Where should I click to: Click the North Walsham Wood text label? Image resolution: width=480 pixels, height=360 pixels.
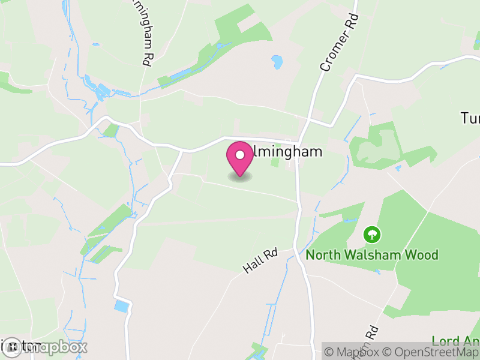coord(372,255)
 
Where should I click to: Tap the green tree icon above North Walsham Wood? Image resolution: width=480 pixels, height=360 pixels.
coord(372,233)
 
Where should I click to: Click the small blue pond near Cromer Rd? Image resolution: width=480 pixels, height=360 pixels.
coord(277,61)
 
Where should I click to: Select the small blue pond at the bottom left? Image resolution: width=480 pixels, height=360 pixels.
coord(122,306)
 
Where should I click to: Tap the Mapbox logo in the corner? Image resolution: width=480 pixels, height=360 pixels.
coord(45,347)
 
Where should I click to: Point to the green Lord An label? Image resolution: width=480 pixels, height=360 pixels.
coord(456,341)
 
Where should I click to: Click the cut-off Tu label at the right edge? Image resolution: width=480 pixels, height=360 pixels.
coord(470,118)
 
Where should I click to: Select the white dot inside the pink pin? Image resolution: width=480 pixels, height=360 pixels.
coord(240,155)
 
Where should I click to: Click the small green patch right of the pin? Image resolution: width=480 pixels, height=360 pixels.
coord(275,160)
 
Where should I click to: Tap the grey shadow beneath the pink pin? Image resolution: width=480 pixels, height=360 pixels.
coord(240,176)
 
